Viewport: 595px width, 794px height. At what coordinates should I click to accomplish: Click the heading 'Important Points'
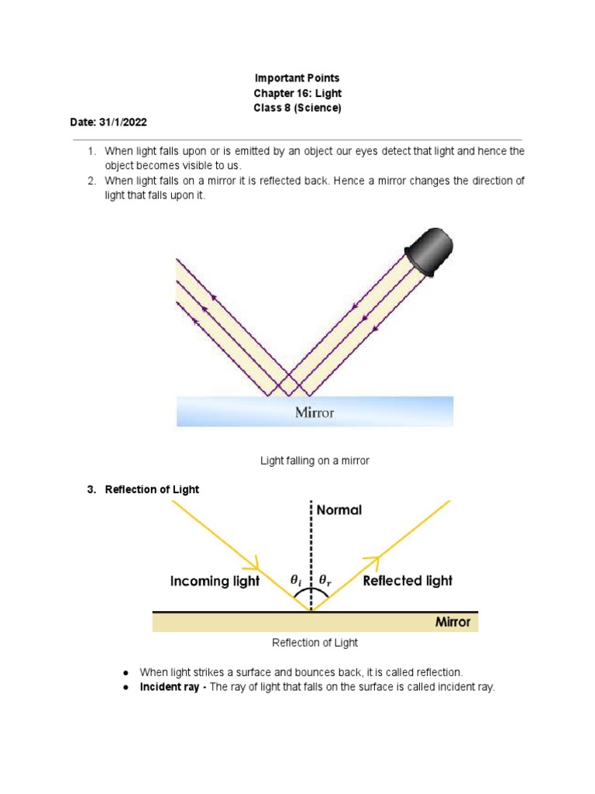click(x=297, y=78)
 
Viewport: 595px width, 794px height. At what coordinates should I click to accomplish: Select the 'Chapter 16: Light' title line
click(x=297, y=93)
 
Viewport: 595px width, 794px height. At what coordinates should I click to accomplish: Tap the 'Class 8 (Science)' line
click(x=297, y=108)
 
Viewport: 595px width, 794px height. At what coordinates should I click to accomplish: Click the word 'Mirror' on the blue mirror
click(x=315, y=413)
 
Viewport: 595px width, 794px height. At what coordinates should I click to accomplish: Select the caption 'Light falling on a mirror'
click(x=315, y=461)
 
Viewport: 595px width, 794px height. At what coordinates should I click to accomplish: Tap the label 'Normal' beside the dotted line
click(x=339, y=510)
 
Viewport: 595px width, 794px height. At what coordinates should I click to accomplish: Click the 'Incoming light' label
click(x=215, y=581)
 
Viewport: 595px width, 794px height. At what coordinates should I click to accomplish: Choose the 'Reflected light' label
click(x=408, y=580)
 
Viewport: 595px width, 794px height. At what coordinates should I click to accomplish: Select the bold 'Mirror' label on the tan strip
click(x=452, y=622)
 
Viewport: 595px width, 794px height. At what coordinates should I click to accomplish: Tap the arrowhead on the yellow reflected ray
click(x=374, y=560)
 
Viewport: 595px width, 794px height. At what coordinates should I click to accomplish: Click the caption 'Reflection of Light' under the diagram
click(x=315, y=643)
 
